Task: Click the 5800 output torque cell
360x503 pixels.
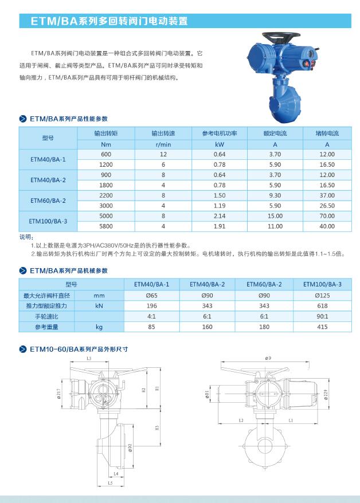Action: point(106,226)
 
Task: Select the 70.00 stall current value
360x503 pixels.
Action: point(327,216)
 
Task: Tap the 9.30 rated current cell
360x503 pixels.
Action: point(275,195)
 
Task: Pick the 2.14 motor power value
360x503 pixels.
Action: point(220,216)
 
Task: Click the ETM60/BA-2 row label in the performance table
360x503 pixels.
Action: point(48,201)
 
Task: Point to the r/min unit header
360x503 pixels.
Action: point(163,144)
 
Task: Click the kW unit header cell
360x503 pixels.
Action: point(220,144)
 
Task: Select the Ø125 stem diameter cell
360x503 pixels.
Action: point(322,295)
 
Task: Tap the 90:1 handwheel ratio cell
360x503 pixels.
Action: point(322,316)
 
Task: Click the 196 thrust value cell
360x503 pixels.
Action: point(151,306)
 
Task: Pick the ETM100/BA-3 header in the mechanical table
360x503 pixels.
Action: point(322,284)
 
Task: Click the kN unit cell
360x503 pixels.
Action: point(99,306)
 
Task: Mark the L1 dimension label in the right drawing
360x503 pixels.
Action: point(291,421)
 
